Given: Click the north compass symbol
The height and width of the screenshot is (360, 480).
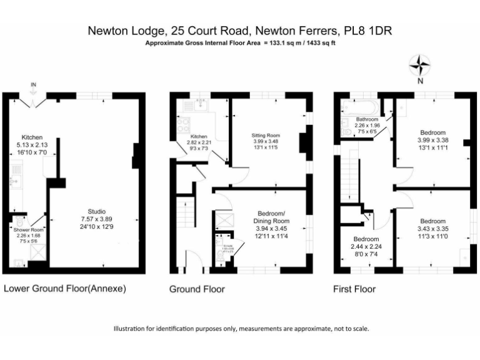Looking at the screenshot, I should click(x=420, y=65).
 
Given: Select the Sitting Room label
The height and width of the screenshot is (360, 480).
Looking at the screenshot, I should click(x=266, y=135).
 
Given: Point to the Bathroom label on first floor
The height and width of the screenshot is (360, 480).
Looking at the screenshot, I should click(x=367, y=119).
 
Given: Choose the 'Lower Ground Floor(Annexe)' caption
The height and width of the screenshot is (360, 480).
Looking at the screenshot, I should click(x=65, y=289).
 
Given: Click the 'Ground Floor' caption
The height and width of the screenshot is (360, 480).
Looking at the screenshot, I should click(x=197, y=289).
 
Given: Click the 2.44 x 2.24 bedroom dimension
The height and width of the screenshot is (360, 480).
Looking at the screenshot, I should click(x=366, y=246).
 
